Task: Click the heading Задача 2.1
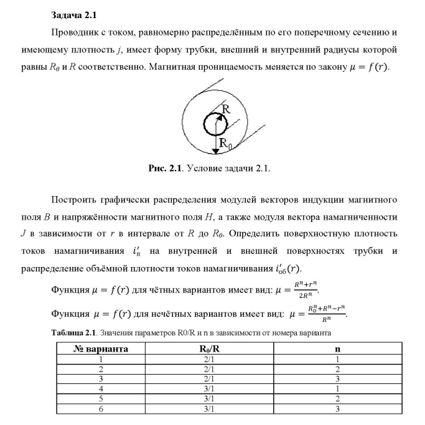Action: [73, 14]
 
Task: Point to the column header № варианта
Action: [101, 349]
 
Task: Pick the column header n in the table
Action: [337, 349]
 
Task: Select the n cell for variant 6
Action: [337, 409]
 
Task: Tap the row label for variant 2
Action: [101, 369]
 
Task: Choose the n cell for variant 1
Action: [337, 359]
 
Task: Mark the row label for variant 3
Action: [101, 379]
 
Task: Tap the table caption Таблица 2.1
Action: [72, 332]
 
